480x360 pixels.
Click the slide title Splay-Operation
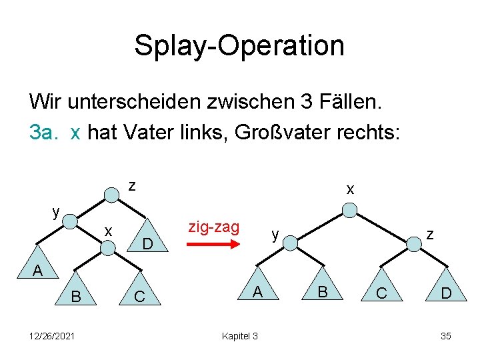point(239,45)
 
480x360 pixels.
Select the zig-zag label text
point(213,227)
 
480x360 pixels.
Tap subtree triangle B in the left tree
point(74,290)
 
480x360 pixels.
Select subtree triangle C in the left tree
point(140,290)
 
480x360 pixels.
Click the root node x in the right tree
point(351,211)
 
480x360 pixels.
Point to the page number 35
point(445,336)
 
